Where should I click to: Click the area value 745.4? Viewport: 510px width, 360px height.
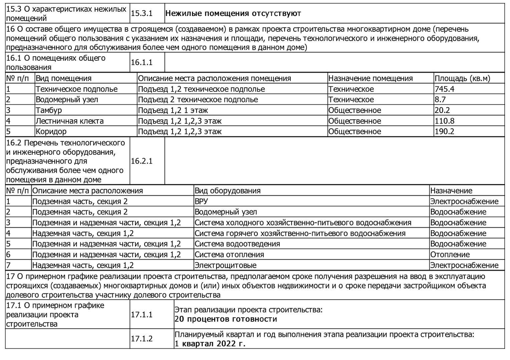[444, 89]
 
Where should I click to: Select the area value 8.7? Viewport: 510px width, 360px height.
[440, 100]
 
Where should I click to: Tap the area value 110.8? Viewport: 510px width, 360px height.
[444, 121]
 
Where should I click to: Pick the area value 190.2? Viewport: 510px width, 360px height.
[444, 132]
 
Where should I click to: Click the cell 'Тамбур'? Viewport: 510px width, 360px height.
[49, 110]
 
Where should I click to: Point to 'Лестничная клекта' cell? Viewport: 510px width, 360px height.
[69, 121]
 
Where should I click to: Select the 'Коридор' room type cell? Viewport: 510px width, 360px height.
[51, 132]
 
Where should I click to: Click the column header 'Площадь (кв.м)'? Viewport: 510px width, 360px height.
[462, 78]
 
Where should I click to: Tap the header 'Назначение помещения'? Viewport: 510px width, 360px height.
[371, 78]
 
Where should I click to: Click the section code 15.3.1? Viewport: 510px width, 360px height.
[141, 13]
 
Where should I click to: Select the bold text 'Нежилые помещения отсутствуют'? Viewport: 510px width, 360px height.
[233, 14]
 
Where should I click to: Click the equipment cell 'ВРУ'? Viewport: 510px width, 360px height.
[201, 201]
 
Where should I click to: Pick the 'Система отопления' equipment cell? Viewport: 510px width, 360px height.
[229, 255]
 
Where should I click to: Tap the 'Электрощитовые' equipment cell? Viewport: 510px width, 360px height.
[225, 265]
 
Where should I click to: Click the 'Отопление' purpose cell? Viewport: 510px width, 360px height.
[450, 255]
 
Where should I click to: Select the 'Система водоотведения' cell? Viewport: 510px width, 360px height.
[237, 244]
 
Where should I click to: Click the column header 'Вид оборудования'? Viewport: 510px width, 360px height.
[227, 191]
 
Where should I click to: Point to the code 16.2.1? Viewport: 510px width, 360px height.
[141, 161]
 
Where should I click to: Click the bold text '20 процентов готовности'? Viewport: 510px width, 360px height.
[226, 319]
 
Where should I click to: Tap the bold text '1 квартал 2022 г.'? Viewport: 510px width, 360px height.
[210, 344]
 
